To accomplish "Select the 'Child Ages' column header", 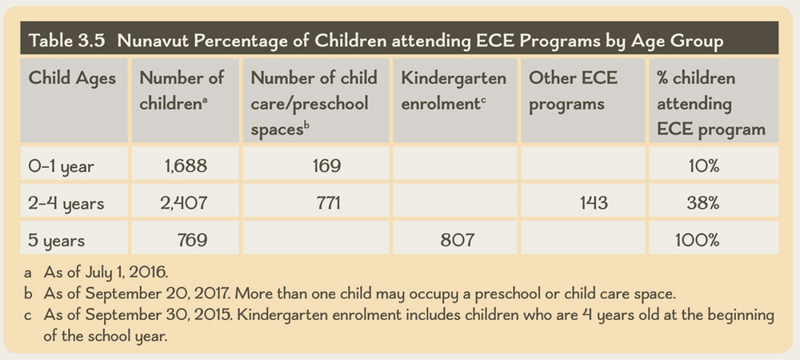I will tap(72, 79).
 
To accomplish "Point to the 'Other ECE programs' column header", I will tap(566, 91).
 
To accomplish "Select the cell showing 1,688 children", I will tap(185, 166).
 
